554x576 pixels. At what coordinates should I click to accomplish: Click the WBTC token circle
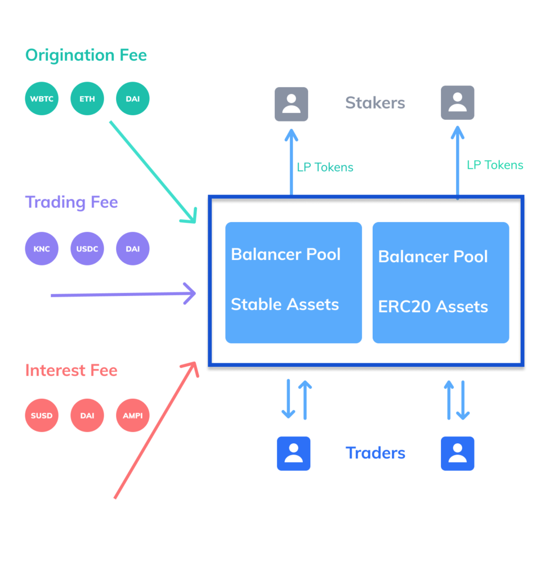click(42, 98)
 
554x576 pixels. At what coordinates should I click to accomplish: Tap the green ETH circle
click(87, 98)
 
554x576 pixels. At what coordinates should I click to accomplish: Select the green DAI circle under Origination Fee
click(133, 98)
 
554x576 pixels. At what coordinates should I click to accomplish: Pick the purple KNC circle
click(42, 249)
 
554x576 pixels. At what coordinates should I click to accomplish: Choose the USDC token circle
click(87, 249)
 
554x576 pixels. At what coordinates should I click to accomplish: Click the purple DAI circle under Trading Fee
click(133, 249)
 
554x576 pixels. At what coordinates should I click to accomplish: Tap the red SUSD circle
click(42, 416)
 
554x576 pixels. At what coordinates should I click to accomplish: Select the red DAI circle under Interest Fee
click(87, 416)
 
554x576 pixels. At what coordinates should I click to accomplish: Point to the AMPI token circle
click(133, 416)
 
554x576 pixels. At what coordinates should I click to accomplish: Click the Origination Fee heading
click(86, 55)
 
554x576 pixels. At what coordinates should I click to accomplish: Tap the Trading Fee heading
click(72, 202)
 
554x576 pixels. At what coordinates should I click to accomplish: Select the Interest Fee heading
click(72, 370)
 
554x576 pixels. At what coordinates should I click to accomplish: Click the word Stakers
click(375, 103)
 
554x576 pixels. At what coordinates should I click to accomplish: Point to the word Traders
click(376, 453)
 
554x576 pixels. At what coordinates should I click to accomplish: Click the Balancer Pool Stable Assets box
click(293, 282)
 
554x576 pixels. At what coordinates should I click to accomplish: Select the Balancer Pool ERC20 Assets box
click(441, 282)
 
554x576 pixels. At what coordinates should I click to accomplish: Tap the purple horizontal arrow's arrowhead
click(190, 293)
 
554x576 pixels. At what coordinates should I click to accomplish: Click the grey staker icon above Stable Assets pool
click(291, 104)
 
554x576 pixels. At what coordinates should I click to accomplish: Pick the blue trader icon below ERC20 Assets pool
click(457, 453)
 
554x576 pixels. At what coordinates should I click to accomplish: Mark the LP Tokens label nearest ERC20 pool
click(495, 165)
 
